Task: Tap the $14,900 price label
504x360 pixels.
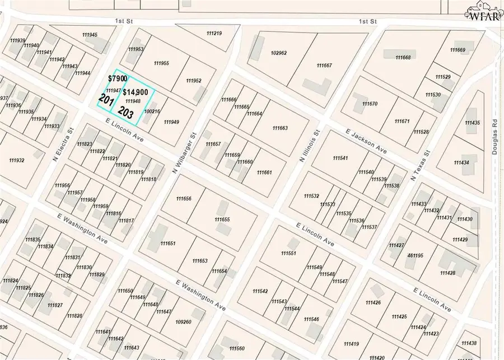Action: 136,92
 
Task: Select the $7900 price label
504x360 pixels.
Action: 118,79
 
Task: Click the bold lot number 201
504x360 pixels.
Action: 106,100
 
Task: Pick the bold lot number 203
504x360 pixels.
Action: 126,112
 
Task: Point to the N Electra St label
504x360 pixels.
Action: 63,146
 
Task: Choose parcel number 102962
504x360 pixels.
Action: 278,53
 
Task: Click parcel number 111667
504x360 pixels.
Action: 324,66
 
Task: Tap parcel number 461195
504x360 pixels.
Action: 415,255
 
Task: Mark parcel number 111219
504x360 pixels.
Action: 214,34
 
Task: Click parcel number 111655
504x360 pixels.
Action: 222,219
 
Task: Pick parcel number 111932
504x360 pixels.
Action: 17,161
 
